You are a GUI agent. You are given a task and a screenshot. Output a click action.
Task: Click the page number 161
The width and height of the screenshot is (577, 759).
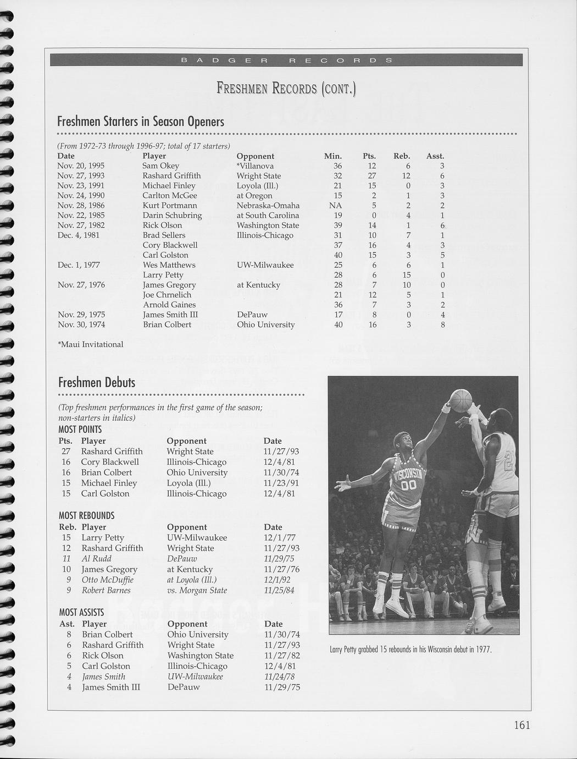pyautogui.click(x=521, y=725)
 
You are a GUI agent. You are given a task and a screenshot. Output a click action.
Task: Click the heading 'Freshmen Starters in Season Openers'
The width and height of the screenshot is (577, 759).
pyautogui.click(x=141, y=121)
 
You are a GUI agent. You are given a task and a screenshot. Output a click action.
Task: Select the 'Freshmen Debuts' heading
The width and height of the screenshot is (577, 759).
pyautogui.click(x=97, y=382)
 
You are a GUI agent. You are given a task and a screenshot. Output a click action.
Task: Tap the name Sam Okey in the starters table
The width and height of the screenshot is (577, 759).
pyautogui.click(x=160, y=166)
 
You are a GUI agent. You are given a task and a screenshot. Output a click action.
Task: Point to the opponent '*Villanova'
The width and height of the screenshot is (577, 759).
pyautogui.click(x=255, y=166)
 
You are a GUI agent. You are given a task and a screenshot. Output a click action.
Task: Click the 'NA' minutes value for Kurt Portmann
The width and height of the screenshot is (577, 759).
pyautogui.click(x=335, y=205)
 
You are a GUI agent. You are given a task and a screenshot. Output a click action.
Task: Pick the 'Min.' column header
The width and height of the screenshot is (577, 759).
pyautogui.click(x=333, y=156)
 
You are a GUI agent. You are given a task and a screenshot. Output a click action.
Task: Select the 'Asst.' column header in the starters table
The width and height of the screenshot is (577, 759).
pyautogui.click(x=435, y=156)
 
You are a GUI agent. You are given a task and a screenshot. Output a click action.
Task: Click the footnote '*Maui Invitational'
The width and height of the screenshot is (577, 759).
pyautogui.click(x=90, y=344)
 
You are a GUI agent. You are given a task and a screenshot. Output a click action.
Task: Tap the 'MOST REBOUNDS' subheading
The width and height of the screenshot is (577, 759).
pyautogui.click(x=86, y=515)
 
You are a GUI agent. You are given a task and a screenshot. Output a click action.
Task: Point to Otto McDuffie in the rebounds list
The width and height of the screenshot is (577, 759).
pyautogui.click(x=107, y=580)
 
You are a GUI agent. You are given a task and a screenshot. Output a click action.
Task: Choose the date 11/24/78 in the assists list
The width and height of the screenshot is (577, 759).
pyautogui.click(x=282, y=676)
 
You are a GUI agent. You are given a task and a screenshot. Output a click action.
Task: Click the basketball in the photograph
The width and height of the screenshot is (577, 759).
pyautogui.click(x=461, y=400)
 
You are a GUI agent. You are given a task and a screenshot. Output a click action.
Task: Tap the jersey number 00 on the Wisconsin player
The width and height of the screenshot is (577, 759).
pyautogui.click(x=409, y=486)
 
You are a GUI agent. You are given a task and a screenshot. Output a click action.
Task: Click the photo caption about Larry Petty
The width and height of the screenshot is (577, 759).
pyautogui.click(x=410, y=650)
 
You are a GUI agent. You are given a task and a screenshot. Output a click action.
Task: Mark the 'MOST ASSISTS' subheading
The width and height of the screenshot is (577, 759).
pyautogui.click(x=81, y=612)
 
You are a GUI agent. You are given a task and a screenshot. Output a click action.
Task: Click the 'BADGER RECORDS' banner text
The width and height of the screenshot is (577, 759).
pyautogui.click(x=286, y=59)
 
